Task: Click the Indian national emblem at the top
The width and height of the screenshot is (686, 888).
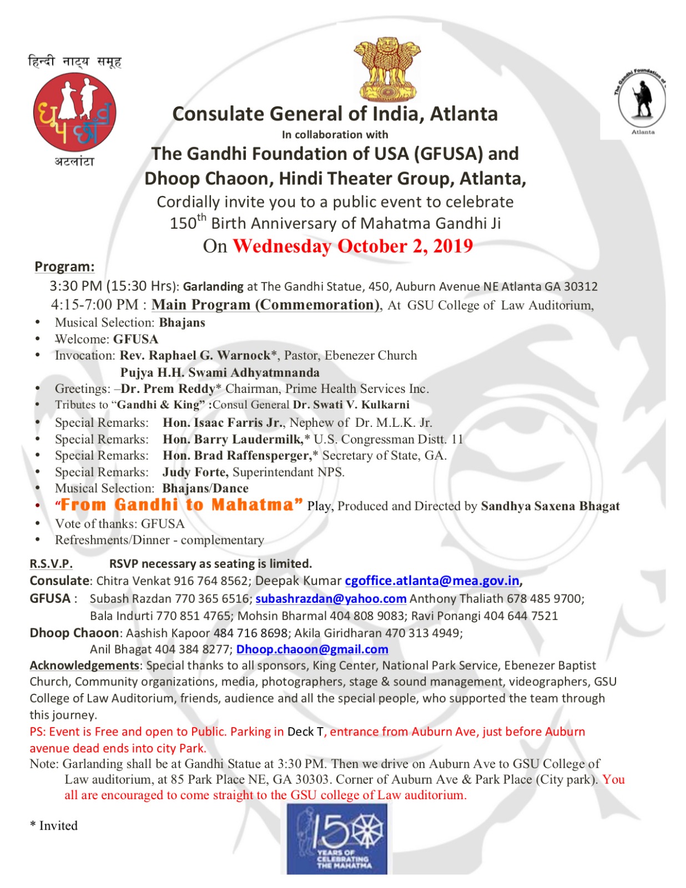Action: click(x=387, y=69)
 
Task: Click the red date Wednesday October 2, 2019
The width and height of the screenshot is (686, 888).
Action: click(x=352, y=246)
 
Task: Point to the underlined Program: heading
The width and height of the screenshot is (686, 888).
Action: click(x=64, y=266)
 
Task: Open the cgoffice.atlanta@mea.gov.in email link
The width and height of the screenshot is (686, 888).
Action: click(x=432, y=581)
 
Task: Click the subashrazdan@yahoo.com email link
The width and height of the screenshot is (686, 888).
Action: click(x=331, y=598)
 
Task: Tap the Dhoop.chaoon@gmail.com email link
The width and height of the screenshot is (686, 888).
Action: click(x=312, y=649)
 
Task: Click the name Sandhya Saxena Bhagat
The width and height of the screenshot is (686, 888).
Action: click(x=550, y=506)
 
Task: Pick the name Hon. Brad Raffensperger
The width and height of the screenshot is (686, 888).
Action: click(x=237, y=455)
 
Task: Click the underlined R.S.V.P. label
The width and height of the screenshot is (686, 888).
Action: click(x=51, y=563)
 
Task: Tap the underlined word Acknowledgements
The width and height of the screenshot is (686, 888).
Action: click(x=84, y=665)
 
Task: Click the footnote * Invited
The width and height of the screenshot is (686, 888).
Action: click(x=54, y=825)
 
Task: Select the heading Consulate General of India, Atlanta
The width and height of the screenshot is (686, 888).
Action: click(x=335, y=114)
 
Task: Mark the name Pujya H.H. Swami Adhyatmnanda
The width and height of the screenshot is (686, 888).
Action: click(x=220, y=372)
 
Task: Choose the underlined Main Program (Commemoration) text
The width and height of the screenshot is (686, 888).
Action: click(x=265, y=305)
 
